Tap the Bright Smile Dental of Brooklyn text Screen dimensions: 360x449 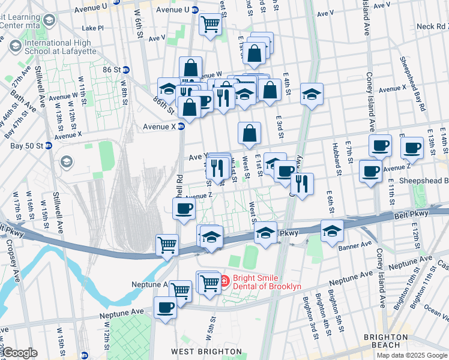[267, 281]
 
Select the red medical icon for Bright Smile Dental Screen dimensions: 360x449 [224, 280]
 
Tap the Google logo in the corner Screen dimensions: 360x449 [20, 353]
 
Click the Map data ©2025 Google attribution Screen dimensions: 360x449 [412, 355]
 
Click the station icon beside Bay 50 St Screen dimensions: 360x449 [49, 146]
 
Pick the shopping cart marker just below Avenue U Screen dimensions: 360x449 [210, 25]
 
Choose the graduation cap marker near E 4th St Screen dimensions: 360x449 [312, 94]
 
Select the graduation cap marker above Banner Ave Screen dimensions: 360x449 [332, 230]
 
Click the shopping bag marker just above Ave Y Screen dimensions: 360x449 [249, 133]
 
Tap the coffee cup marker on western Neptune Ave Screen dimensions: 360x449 [165, 307]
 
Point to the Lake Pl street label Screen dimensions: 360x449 [93, 28]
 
